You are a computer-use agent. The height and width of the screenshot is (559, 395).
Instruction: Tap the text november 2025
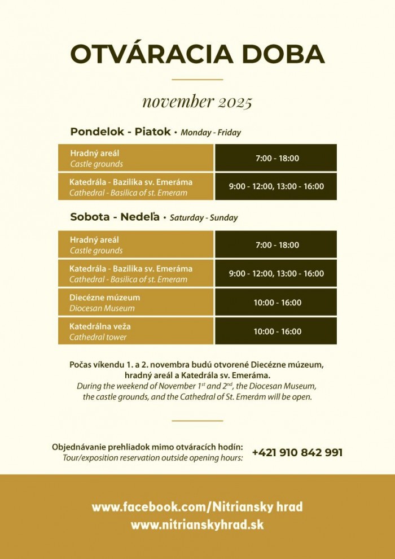tap(197, 102)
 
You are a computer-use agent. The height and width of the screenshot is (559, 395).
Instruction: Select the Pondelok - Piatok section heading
tap(120, 132)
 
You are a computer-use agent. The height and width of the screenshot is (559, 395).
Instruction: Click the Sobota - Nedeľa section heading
tap(115, 217)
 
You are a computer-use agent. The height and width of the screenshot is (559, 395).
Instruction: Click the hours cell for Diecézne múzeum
tap(276, 303)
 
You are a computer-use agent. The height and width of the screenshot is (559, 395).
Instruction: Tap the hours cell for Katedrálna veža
tap(276, 331)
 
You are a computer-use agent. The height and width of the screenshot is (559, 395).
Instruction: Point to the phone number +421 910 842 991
tap(297, 453)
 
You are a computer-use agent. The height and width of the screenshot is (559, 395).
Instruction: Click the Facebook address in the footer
tap(197, 506)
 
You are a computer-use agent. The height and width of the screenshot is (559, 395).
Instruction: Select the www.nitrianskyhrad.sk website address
tap(197, 525)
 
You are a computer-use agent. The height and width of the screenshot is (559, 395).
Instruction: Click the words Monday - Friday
tap(211, 133)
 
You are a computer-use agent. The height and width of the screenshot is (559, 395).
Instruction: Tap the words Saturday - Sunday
tap(204, 218)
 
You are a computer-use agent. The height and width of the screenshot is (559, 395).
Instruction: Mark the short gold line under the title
tap(197, 80)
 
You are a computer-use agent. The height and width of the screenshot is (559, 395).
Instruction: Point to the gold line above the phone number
tap(197, 421)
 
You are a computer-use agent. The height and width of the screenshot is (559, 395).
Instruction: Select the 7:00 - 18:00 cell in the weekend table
tap(276, 245)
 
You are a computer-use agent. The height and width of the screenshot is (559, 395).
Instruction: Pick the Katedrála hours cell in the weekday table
tap(276, 186)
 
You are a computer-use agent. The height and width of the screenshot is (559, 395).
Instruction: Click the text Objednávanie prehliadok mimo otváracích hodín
tap(147, 447)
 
